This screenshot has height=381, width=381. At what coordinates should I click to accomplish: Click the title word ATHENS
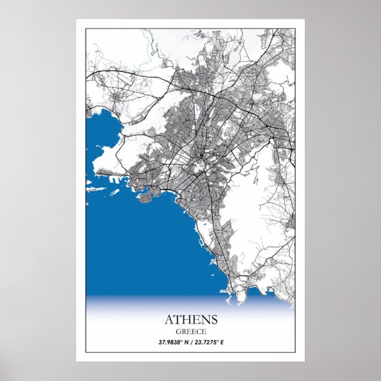click(190, 318)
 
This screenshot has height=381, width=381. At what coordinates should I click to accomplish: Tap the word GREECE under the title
click(190, 330)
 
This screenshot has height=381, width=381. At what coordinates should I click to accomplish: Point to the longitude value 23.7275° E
click(213, 341)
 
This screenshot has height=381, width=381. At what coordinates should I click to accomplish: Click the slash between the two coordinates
click(191, 341)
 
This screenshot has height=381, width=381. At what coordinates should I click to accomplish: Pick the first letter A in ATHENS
click(170, 318)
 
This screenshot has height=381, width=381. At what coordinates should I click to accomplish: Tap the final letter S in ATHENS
click(212, 318)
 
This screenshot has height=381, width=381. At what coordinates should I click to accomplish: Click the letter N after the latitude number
click(185, 341)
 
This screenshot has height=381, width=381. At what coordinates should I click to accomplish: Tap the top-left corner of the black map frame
click(86, 29)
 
